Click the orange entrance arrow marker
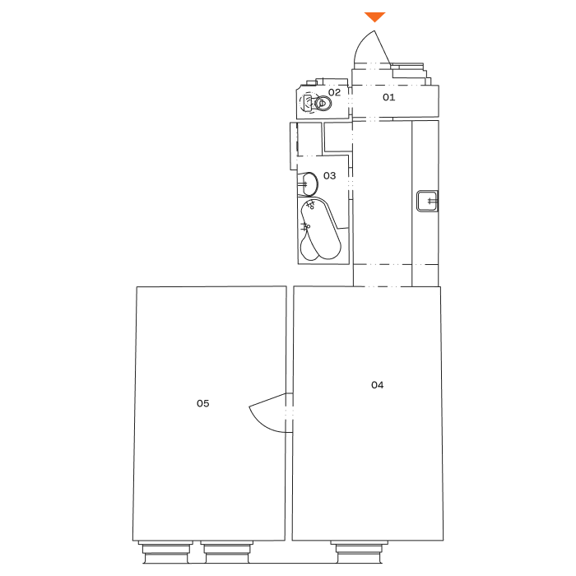click(374, 17)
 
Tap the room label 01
click(388, 97)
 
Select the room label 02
click(334, 92)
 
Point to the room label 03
click(329, 176)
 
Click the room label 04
click(377, 385)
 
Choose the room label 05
click(202, 404)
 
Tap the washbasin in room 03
click(309, 185)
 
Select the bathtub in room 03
click(320, 230)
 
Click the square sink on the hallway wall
click(427, 201)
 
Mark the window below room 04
click(360, 551)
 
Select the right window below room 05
click(226, 551)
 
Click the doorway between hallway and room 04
click(382, 276)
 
